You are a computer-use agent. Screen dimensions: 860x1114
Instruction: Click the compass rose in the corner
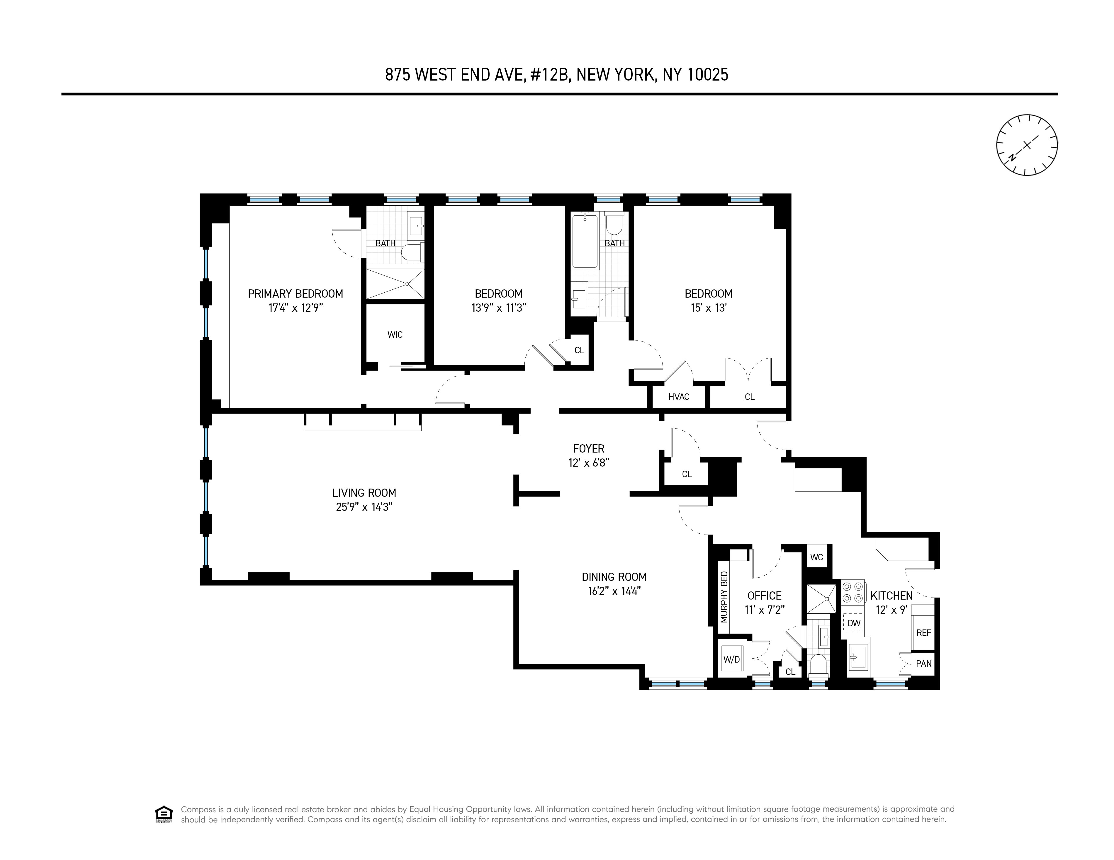pos(1026,145)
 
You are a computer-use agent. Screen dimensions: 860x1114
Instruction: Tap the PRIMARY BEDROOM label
pos(295,294)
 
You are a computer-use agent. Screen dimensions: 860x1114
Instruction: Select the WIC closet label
pos(395,335)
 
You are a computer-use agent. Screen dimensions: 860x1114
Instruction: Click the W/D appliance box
pos(731,659)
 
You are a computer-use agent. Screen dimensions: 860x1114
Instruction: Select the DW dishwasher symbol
pos(854,623)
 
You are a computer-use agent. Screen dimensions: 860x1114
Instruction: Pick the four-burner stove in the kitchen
pos(853,592)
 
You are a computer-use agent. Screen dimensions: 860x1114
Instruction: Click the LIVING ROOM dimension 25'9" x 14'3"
pos(364,507)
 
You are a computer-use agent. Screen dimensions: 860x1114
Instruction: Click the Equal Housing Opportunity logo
pos(164,814)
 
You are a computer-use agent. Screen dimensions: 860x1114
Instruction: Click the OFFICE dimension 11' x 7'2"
pos(764,610)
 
